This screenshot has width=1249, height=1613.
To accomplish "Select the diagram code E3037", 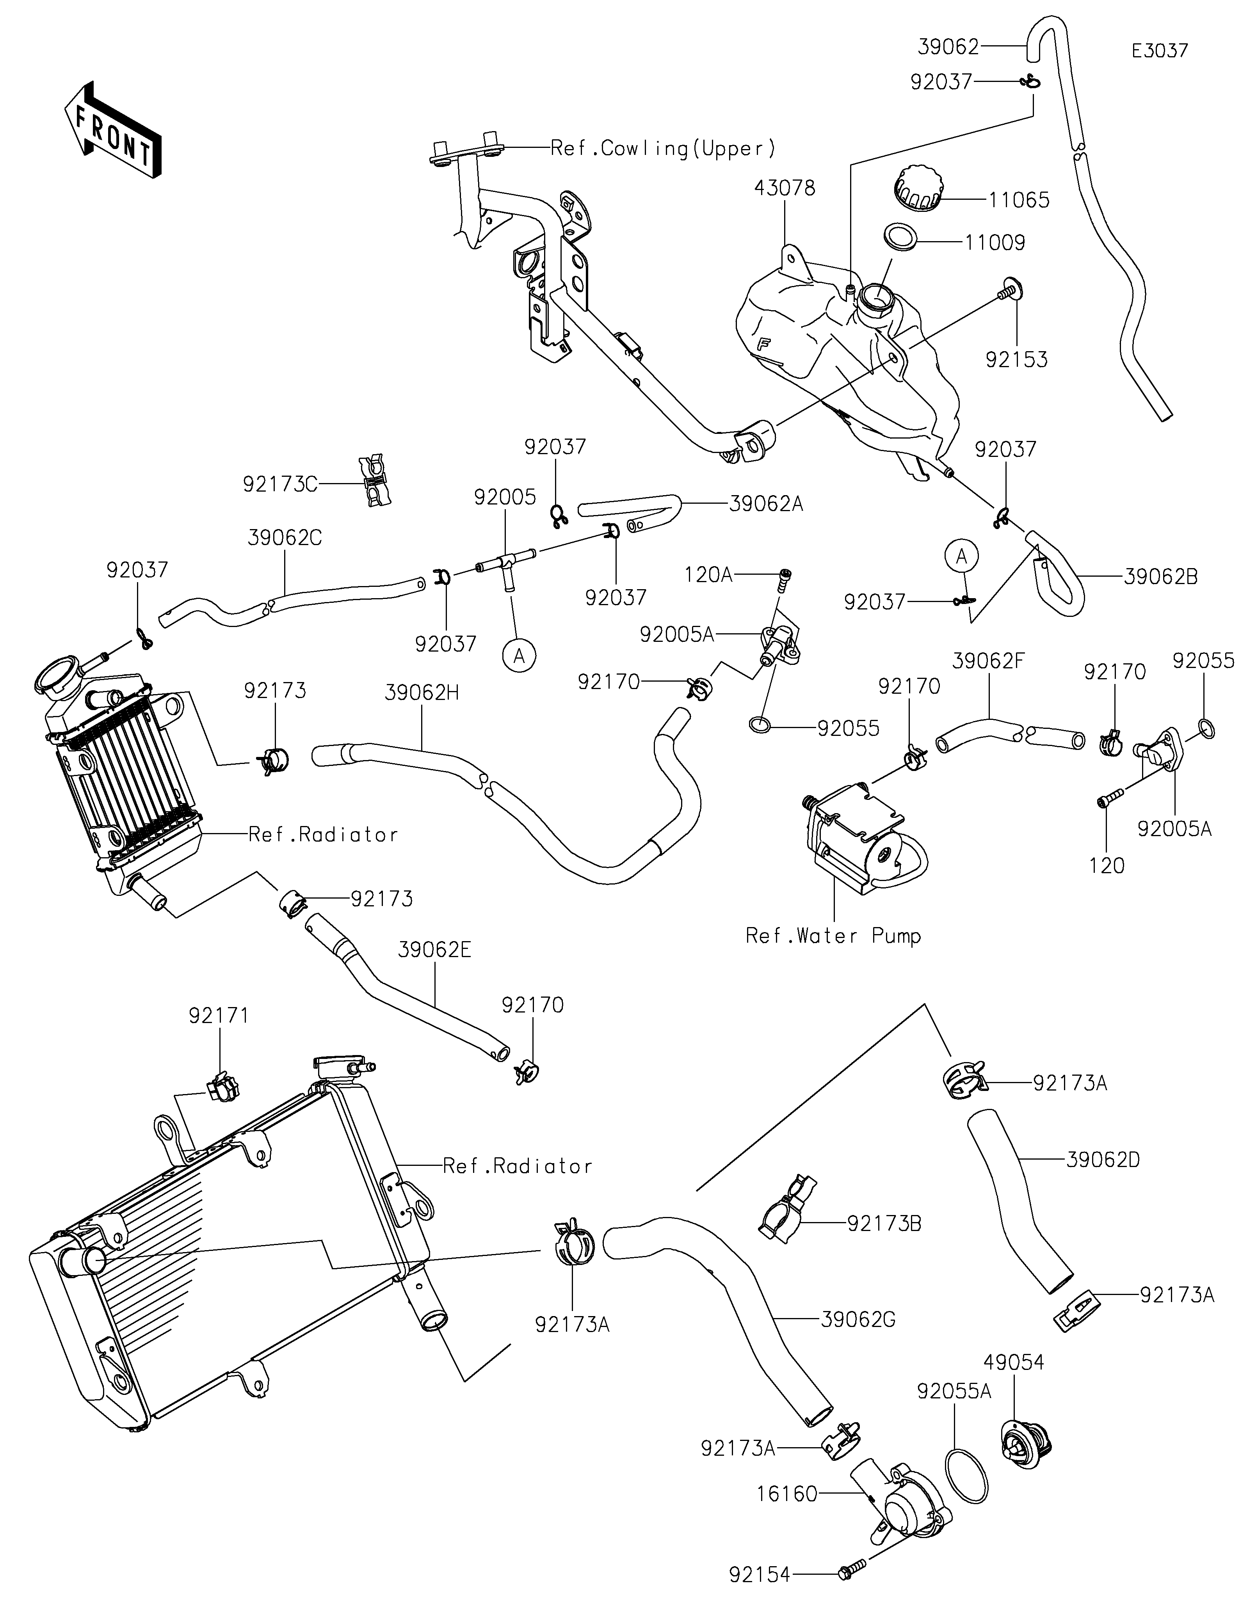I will pyautogui.click(x=1160, y=51).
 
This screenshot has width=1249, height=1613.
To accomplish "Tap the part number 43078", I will pyautogui.click(x=785, y=188).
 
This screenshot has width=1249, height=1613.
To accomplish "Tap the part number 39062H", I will pyautogui.click(x=422, y=693).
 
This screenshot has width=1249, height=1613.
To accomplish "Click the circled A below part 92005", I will pyautogui.click(x=519, y=655).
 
